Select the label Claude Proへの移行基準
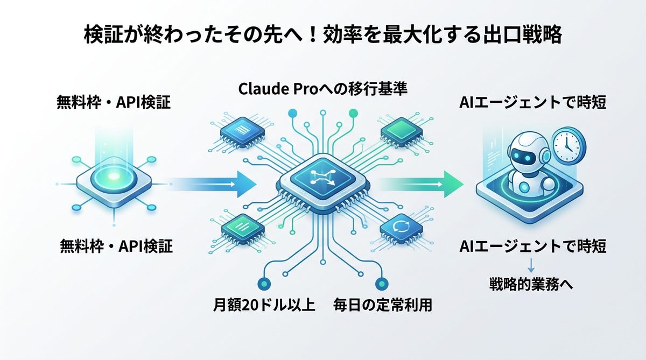click(322, 89)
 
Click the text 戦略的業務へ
click(531, 283)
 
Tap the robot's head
click(525, 153)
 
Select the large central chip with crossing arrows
click(323, 181)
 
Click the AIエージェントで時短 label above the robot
click(533, 103)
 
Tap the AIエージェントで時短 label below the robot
click(533, 247)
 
